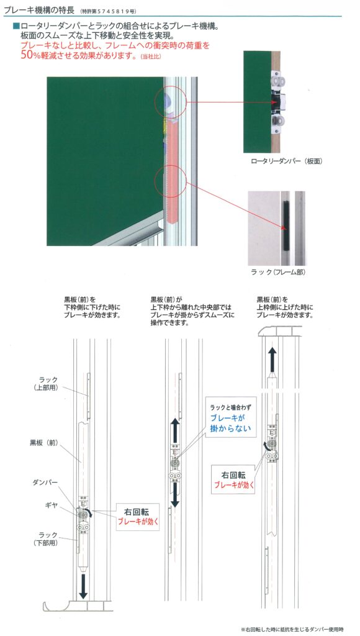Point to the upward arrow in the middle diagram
point(175,432)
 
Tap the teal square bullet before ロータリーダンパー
point(16,26)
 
